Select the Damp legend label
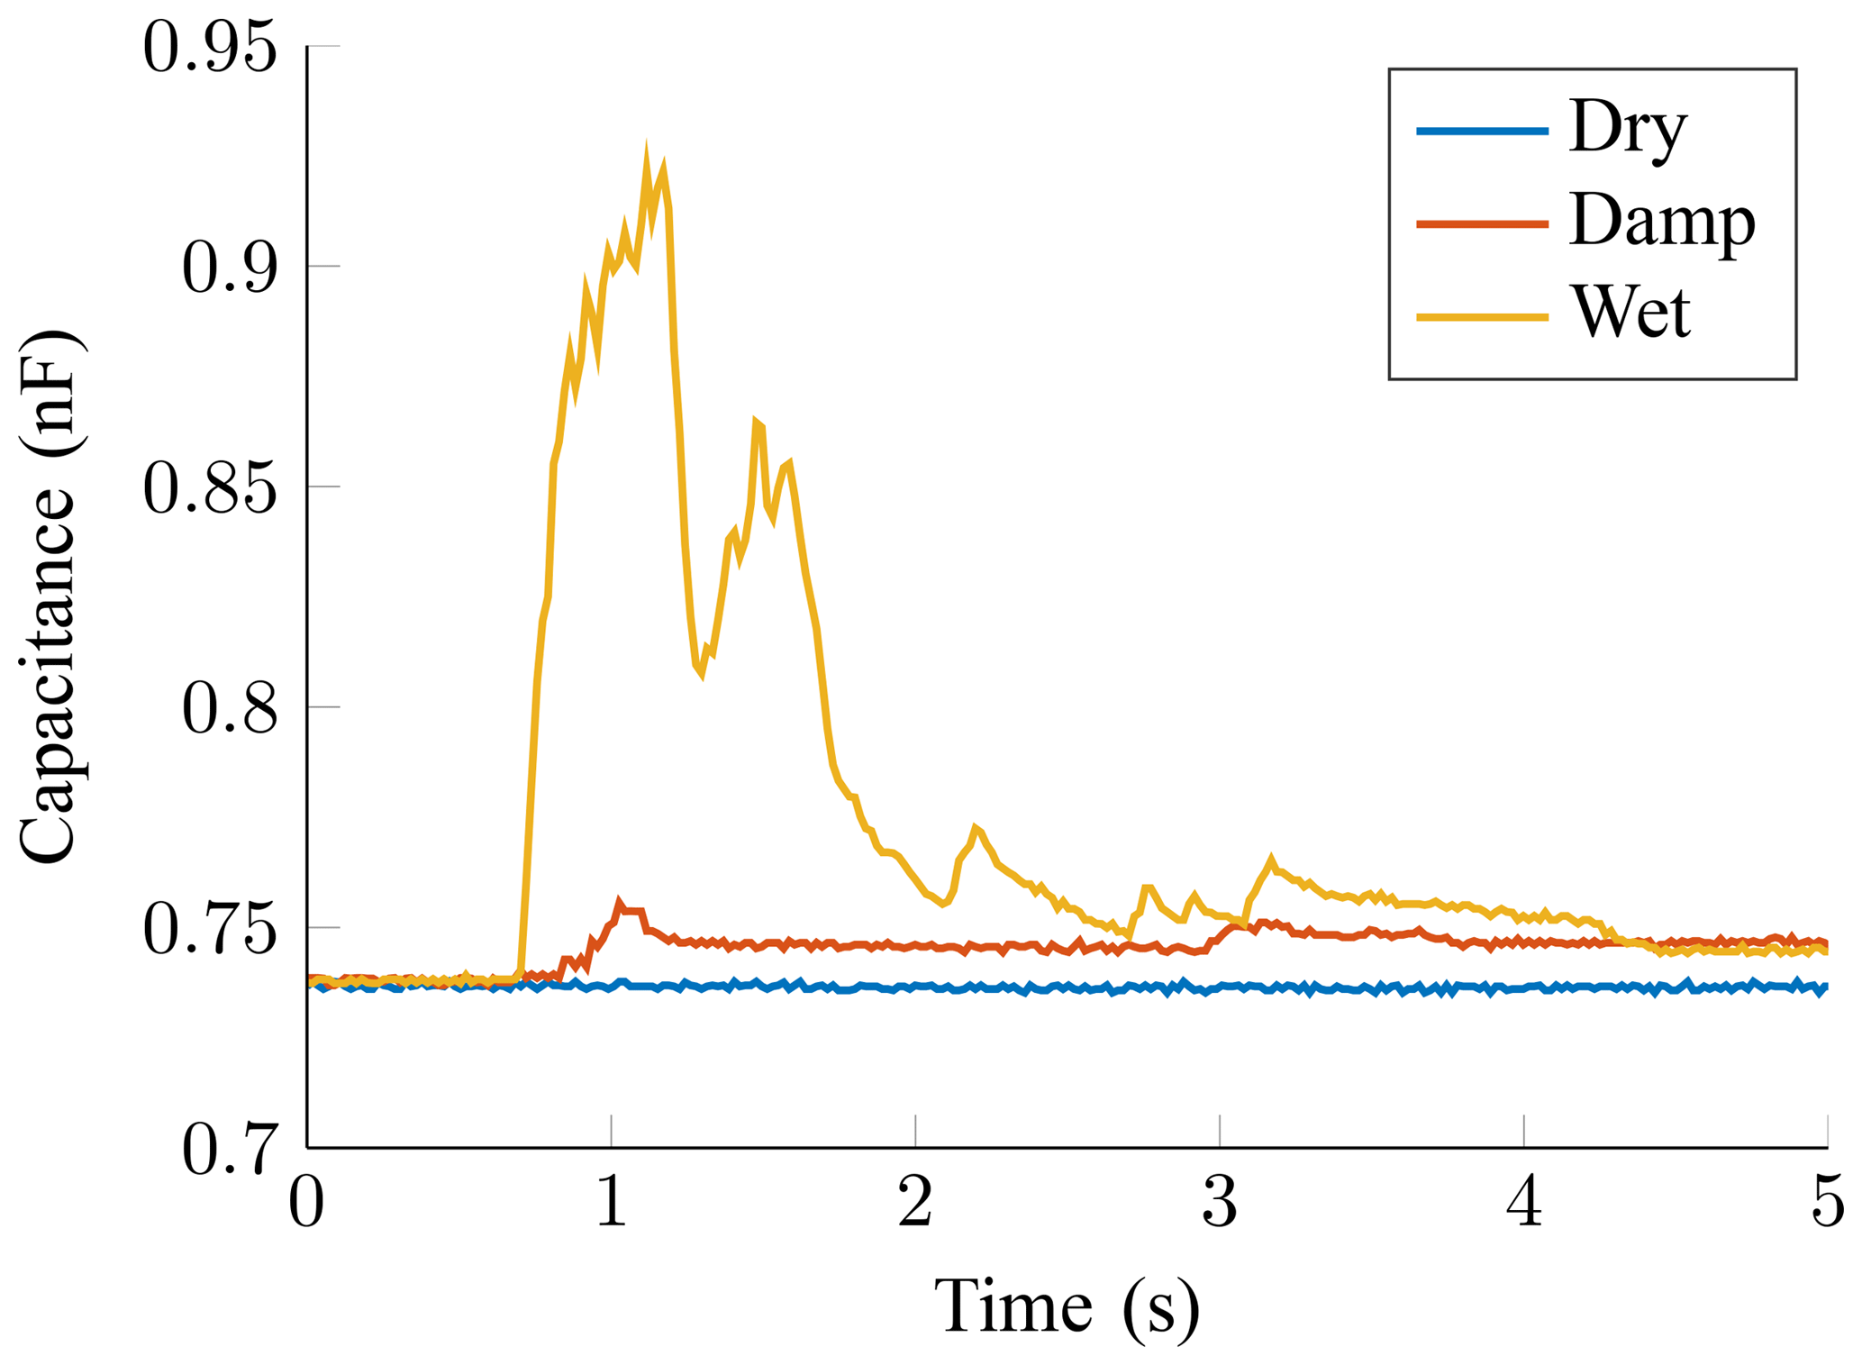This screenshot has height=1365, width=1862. tap(1662, 223)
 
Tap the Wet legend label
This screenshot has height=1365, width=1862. tap(1630, 314)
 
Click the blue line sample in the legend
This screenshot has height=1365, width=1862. tap(1482, 132)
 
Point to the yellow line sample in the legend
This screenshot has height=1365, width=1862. tap(1482, 317)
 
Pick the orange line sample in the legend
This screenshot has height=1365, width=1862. tap(1482, 223)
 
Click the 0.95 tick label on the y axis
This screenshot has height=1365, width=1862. tap(210, 48)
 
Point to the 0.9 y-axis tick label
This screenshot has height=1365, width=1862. tap(229, 268)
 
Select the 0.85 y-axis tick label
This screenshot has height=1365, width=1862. tap(210, 489)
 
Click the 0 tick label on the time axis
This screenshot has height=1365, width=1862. tap(306, 1203)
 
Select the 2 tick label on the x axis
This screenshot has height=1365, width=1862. tap(915, 1203)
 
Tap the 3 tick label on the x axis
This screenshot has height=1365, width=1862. tap(1220, 1203)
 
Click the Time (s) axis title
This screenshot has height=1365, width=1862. tap(1067, 1306)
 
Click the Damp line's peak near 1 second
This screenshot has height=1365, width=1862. tap(619, 901)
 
